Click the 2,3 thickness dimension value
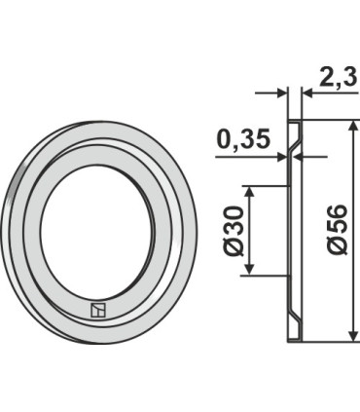click(x=339, y=77)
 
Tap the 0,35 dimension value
click(x=243, y=139)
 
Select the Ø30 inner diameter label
click(x=233, y=231)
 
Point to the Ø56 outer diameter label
click(x=337, y=229)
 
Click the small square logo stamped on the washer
click(x=98, y=310)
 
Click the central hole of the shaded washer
click(x=96, y=232)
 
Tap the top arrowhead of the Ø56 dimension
click(x=352, y=126)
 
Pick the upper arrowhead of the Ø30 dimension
click(x=249, y=192)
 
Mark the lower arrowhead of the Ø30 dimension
click(x=249, y=269)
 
